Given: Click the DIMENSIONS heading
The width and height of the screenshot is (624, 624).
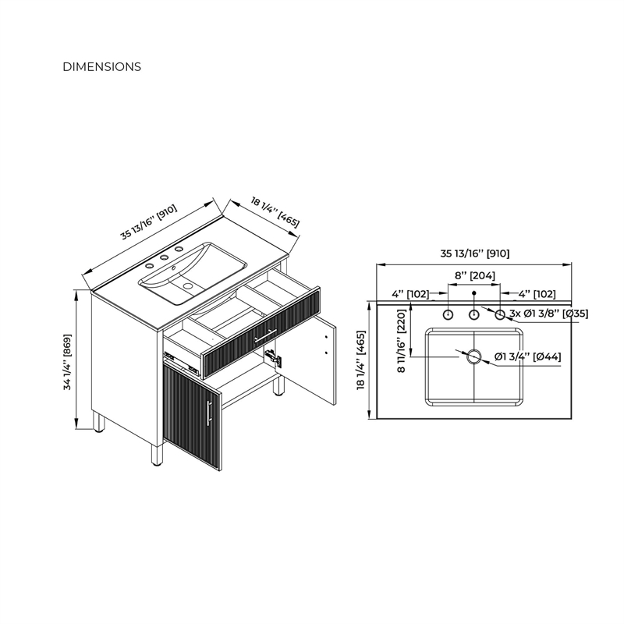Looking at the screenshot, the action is tap(102, 66).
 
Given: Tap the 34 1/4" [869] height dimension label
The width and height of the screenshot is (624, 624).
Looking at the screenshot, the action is tap(67, 362).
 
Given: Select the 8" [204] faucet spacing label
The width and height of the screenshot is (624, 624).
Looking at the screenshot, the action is tap(475, 275).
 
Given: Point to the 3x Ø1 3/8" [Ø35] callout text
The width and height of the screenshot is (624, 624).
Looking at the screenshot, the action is tap(549, 314).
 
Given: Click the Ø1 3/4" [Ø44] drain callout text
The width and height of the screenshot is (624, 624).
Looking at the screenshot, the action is tap(528, 356).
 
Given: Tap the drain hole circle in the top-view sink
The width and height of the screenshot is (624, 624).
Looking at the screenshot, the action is tap(474, 357).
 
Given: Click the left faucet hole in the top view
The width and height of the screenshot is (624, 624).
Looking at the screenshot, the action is tap(448, 315).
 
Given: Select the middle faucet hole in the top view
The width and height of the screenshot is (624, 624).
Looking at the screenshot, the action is tap(473, 315).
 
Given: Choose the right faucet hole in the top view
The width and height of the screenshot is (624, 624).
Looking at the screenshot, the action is tap(500, 315).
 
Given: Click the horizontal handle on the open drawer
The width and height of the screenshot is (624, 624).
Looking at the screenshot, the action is tap(266, 335).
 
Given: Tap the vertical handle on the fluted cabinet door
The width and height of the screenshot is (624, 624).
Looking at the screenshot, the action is tap(209, 413).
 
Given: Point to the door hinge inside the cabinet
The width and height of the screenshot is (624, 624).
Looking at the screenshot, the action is tap(275, 357).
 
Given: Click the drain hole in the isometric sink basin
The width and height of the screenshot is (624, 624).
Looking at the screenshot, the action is tap(187, 285).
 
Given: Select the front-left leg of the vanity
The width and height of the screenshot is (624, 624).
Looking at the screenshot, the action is tap(157, 456).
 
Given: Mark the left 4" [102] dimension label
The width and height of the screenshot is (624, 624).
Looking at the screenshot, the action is tap(410, 294).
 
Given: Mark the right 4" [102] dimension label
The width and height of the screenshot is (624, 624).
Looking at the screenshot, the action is tap(537, 294).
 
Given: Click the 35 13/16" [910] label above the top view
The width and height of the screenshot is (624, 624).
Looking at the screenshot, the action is tap(475, 253).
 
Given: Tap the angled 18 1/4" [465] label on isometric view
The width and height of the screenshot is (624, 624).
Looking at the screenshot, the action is tap(275, 211).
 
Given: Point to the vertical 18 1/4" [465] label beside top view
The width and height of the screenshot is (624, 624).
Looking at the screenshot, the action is tap(361, 360).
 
